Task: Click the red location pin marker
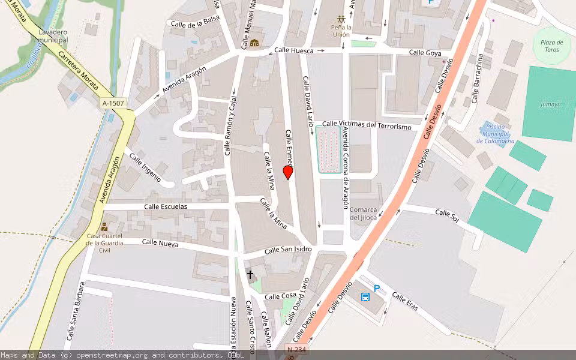coord(288,172)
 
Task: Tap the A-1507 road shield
coord(113,103)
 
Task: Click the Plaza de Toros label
coord(551,46)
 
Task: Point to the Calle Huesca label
coord(294,51)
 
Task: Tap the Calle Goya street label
coord(425,53)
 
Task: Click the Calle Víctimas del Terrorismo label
coord(367,125)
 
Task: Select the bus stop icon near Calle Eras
coord(365,297)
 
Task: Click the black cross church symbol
coord(250,275)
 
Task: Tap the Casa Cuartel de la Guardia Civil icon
coord(105,227)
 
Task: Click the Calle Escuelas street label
coord(166,206)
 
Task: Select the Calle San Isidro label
coord(289,249)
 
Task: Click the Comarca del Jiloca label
coord(363,214)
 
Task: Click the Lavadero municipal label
coord(53,36)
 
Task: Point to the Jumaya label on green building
coord(550,104)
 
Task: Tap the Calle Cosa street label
coord(280,296)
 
